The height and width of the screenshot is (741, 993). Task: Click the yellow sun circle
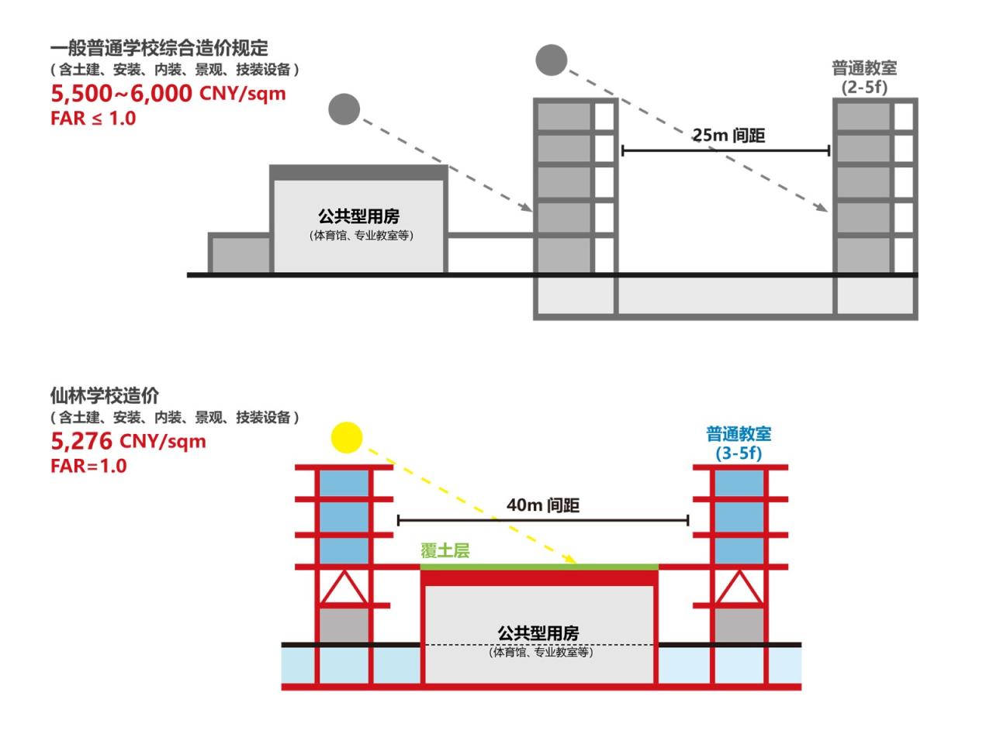click(347, 437)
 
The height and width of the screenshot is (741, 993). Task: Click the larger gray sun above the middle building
click(552, 60)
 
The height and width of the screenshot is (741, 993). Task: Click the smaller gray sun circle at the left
click(344, 109)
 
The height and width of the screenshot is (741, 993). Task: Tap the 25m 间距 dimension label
click(728, 136)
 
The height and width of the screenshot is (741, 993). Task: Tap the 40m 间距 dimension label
click(543, 505)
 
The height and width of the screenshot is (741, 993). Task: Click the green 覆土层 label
click(445, 551)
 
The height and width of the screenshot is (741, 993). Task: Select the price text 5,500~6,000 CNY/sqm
click(168, 94)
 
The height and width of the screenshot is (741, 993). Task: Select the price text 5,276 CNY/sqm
click(128, 442)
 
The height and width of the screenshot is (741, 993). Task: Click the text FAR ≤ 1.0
click(93, 119)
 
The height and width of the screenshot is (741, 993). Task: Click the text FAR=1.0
click(88, 466)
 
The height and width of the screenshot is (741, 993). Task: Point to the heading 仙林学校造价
click(105, 395)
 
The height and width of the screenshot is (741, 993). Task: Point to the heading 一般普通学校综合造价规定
click(159, 48)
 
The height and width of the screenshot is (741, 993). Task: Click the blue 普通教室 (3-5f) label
click(739, 443)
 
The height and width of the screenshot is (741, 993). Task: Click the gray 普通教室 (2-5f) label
click(864, 78)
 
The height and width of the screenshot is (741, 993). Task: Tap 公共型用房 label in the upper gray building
click(358, 216)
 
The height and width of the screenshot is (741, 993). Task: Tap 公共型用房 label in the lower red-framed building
click(538, 633)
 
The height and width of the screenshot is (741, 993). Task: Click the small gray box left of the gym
click(240, 254)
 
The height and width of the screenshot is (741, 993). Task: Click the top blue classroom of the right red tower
click(739, 484)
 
